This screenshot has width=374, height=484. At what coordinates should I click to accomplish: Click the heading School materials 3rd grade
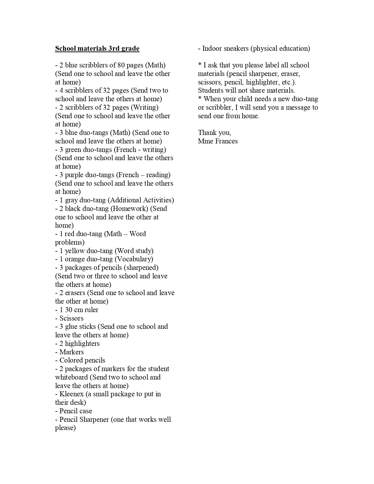tap(97, 48)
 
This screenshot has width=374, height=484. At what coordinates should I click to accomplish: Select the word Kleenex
tap(72, 394)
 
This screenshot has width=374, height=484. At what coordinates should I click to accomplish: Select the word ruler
tap(91, 310)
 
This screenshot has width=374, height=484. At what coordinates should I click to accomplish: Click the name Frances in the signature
tap(226, 141)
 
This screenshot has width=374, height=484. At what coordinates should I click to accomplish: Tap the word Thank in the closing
tap(207, 133)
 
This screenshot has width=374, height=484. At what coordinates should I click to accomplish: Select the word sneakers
tap(236, 48)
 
